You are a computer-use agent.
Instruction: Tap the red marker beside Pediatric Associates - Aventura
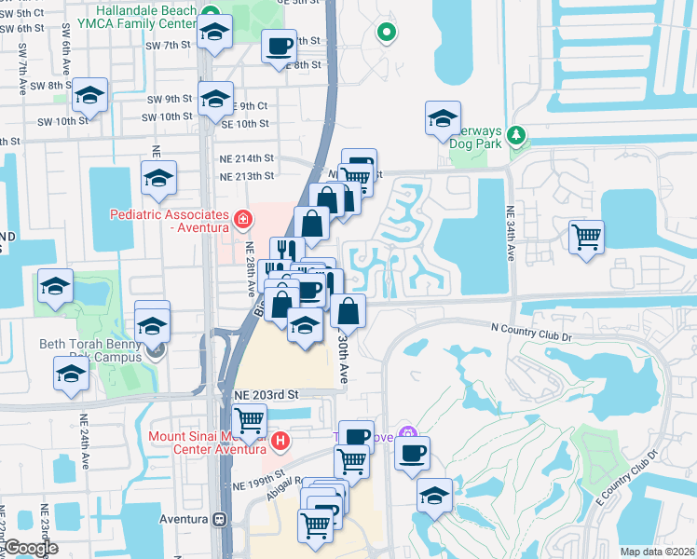coord(243,220)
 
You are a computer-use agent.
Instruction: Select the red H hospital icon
coord(280,441)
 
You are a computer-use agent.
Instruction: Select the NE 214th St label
coord(247,158)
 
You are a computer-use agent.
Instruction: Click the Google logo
coord(30,548)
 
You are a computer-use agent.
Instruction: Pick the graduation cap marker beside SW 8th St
coord(90,95)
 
